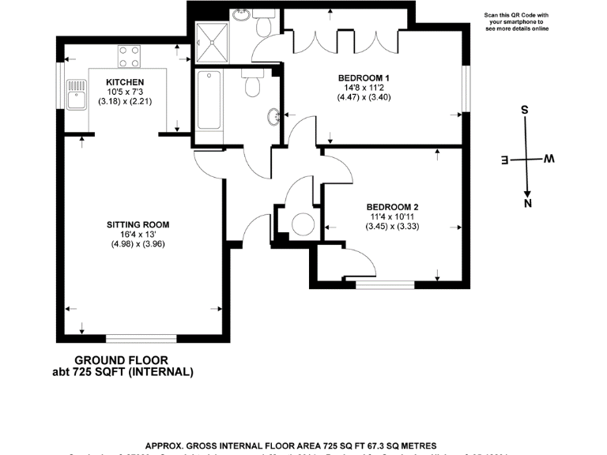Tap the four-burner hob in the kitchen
point(130,56)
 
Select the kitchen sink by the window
point(77,94)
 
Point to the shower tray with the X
point(213,42)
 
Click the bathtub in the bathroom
point(209,100)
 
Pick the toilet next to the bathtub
point(253,84)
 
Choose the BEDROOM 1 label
point(364,77)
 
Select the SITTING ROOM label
point(138,225)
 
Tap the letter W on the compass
point(549,160)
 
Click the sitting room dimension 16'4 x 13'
point(138,235)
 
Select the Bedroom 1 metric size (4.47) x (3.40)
point(364,97)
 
